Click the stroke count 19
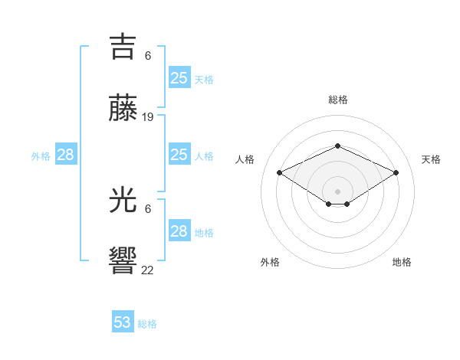(148, 117)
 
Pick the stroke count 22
(148, 270)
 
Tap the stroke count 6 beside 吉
(148, 56)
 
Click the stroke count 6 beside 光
(148, 209)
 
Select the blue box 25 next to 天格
(179, 78)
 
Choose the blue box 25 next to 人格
(179, 155)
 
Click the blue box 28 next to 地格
(179, 231)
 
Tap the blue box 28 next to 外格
(66, 155)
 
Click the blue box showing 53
(123, 322)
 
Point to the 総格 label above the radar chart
(337, 100)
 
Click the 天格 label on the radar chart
(431, 159)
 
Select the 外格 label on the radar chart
(270, 262)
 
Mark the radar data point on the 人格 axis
(280, 173)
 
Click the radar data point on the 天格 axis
(396, 173)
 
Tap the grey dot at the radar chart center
(337, 191)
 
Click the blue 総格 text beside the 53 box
(147, 324)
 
